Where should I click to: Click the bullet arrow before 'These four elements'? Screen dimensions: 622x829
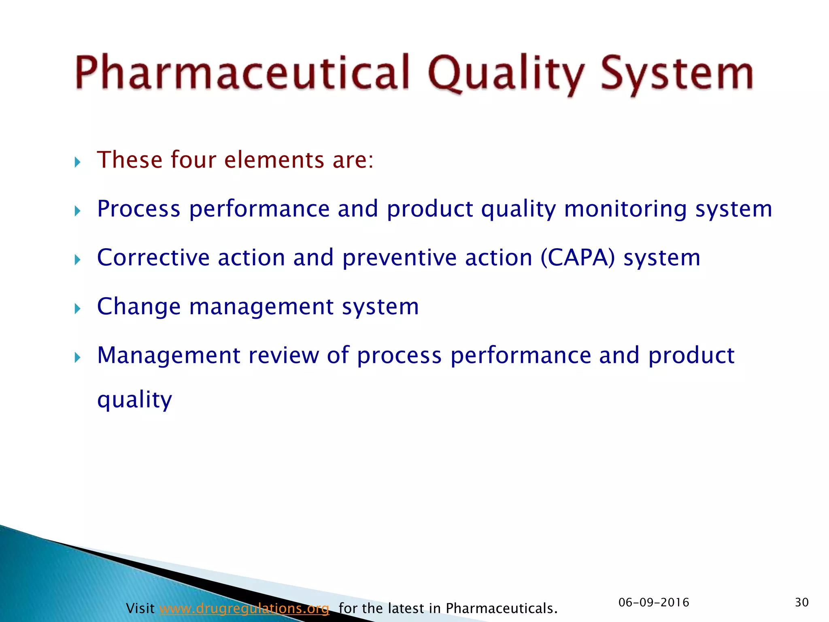(x=78, y=163)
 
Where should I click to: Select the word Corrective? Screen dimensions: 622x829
(x=153, y=258)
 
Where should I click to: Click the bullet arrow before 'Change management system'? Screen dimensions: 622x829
(x=78, y=309)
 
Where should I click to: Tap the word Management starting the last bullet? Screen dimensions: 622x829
(x=169, y=355)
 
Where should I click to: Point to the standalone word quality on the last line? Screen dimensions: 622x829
(x=135, y=400)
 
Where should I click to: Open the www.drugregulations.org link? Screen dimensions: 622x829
(x=244, y=608)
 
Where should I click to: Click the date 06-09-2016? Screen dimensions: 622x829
(x=654, y=603)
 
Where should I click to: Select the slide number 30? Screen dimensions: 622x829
(x=801, y=603)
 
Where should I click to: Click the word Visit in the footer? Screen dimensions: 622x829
(x=140, y=608)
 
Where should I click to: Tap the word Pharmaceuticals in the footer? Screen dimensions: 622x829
(x=501, y=608)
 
